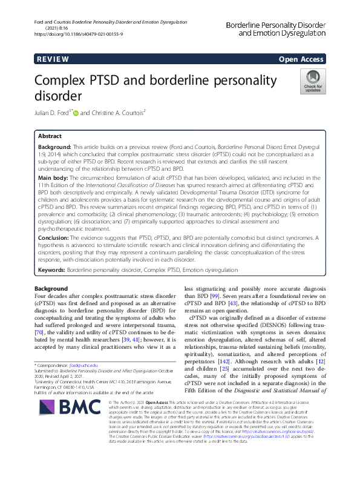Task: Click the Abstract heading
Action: point(50,136)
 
